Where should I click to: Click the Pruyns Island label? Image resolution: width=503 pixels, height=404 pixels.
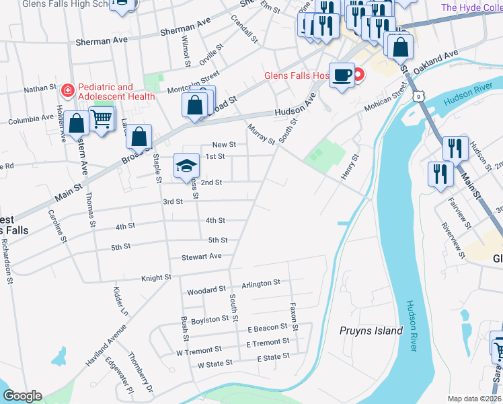pyautogui.click(x=371, y=331)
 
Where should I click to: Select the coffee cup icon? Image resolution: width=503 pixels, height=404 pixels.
pyautogui.click(x=342, y=75)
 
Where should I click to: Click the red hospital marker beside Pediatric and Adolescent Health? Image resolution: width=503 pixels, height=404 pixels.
pyautogui.click(x=67, y=90)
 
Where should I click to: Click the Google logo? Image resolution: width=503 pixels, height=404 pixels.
pyautogui.click(x=22, y=396)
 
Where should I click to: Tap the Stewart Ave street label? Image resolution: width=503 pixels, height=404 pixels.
pyautogui.click(x=201, y=257)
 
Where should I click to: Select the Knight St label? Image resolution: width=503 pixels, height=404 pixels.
pyautogui.click(x=156, y=277)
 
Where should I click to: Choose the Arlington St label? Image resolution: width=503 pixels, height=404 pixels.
pyautogui.click(x=260, y=283)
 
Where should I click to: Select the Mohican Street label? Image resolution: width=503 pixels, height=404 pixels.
pyautogui.click(x=387, y=99)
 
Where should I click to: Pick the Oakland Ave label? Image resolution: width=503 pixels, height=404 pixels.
pyautogui.click(x=438, y=59)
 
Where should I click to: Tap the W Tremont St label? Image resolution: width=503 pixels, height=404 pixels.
pyautogui.click(x=198, y=350)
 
